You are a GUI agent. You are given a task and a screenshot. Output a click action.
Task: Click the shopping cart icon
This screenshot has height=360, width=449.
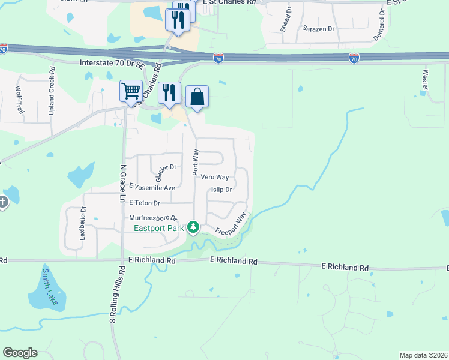(131, 91)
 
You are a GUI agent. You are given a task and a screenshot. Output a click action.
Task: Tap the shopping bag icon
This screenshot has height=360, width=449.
(197, 96)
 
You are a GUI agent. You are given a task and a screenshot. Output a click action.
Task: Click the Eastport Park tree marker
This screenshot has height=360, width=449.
(193, 227)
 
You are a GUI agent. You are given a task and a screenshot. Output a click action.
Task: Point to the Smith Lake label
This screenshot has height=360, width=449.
(49, 287)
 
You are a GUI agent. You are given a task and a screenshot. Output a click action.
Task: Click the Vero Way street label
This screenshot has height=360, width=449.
(214, 177)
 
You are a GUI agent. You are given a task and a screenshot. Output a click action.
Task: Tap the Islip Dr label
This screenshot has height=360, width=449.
(221, 190)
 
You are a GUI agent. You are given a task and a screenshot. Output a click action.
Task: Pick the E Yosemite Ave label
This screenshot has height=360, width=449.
(151, 188)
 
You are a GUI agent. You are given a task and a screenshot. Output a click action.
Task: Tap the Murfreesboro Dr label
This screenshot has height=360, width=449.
(154, 217)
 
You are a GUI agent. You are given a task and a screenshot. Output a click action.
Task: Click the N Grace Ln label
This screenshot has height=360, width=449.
(122, 184)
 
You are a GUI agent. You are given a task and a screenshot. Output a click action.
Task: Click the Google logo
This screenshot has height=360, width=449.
(20, 353)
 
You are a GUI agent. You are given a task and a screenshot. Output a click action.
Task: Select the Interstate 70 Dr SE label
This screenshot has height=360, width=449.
(112, 62)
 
